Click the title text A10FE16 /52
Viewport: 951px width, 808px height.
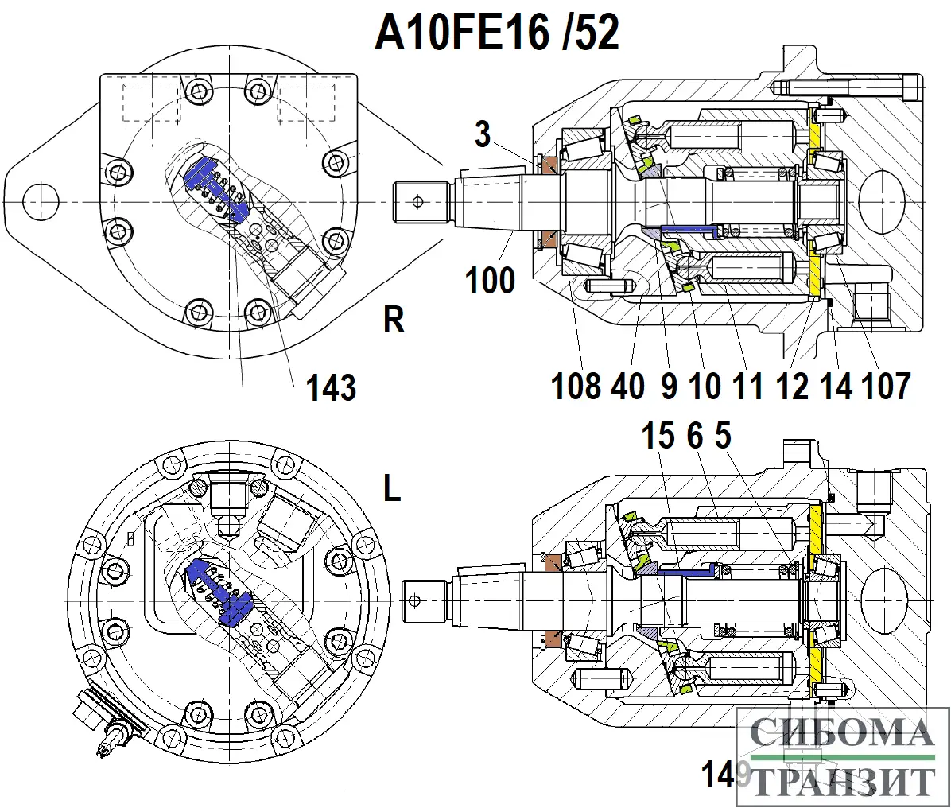pyautogui.click(x=497, y=33)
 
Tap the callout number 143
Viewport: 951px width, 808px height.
pyautogui.click(x=332, y=389)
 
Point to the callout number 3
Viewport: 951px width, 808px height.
pyautogui.click(x=483, y=134)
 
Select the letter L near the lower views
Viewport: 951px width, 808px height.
pyautogui.click(x=392, y=490)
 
